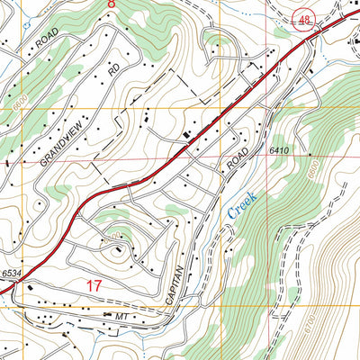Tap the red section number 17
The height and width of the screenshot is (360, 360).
tap(94, 285)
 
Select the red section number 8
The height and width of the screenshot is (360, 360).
tap(112, 4)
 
